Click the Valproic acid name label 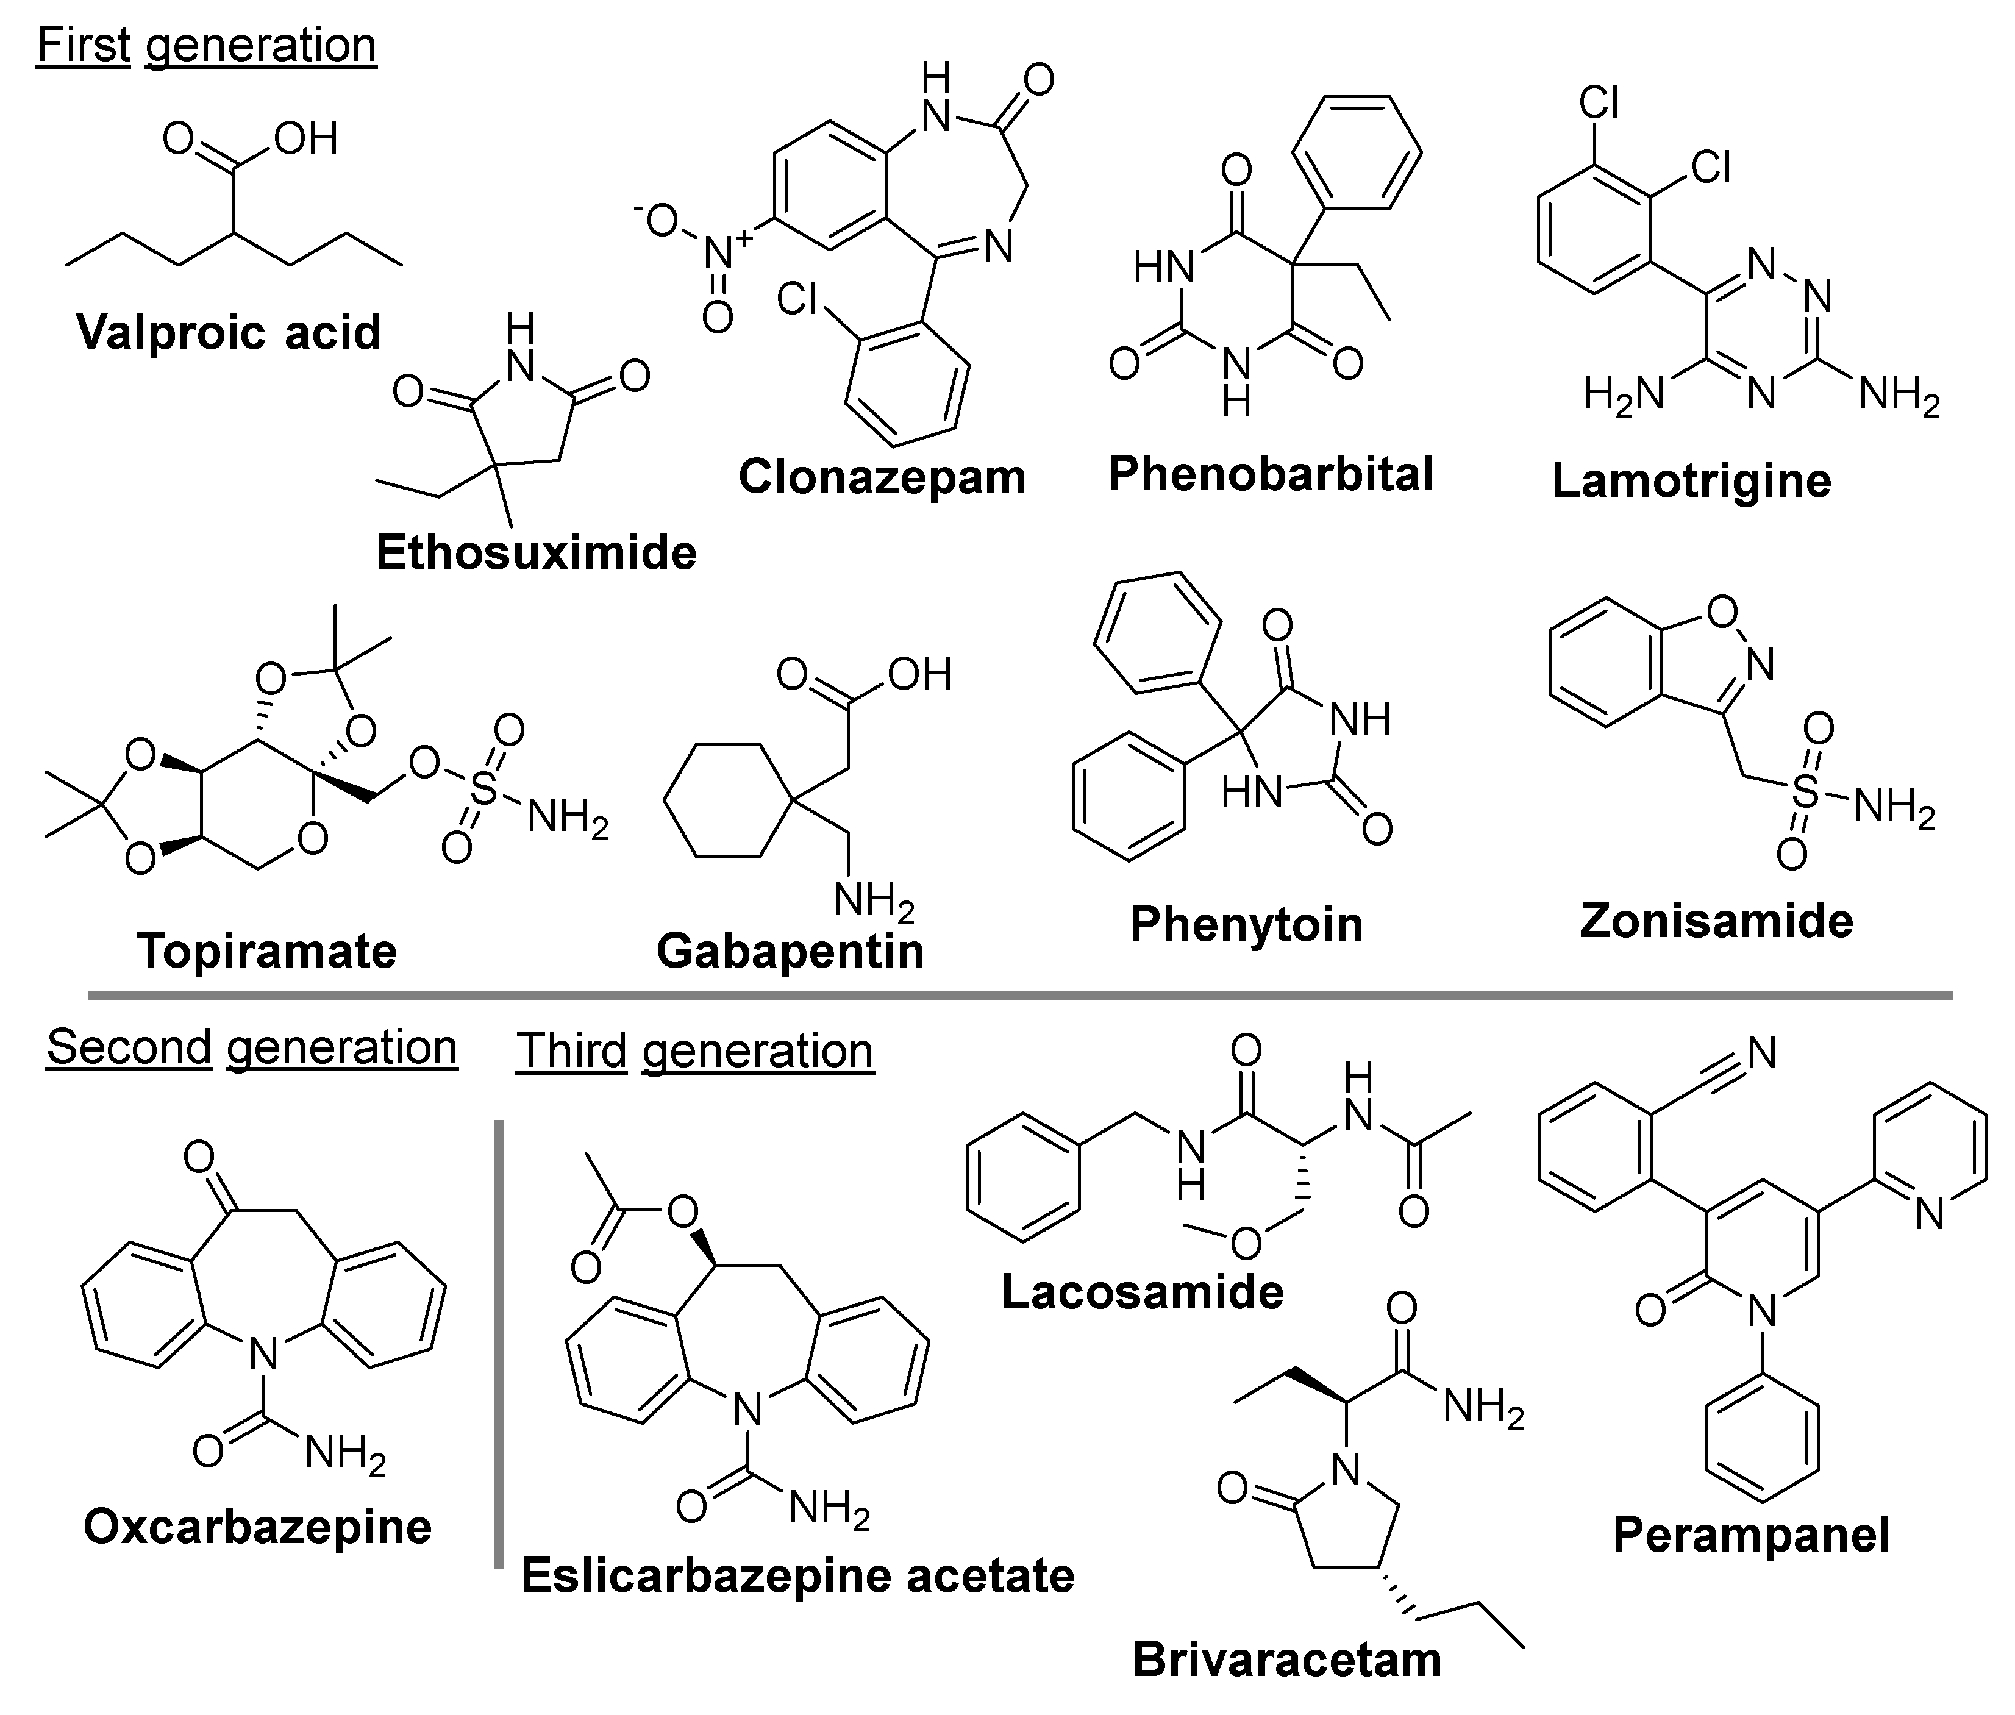pyautogui.click(x=229, y=332)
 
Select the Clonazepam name pyautogui.click(x=882, y=477)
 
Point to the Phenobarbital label pyautogui.click(x=1271, y=474)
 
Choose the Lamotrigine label pyautogui.click(x=1691, y=480)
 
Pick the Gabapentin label pyautogui.click(x=790, y=951)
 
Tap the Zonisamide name pyautogui.click(x=1716, y=921)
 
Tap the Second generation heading pyautogui.click(x=252, y=1048)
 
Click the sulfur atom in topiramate pyautogui.click(x=482, y=790)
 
